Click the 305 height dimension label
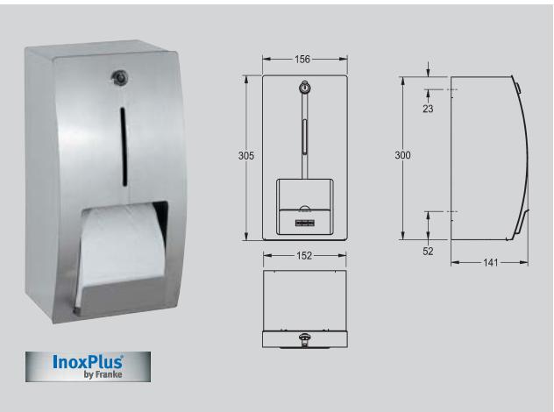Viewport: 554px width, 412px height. tap(246, 155)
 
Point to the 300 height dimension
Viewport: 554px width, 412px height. tap(402, 154)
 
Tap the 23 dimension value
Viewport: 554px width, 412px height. tap(428, 109)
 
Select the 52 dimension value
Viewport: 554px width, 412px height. tap(428, 252)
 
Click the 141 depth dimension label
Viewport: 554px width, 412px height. tap(488, 262)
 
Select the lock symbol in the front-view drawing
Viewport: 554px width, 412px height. tap(304, 89)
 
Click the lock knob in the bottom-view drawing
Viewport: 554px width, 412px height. tap(304, 337)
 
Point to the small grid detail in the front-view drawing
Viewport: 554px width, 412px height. tap(304, 224)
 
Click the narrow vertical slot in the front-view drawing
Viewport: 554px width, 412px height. tap(304, 135)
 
